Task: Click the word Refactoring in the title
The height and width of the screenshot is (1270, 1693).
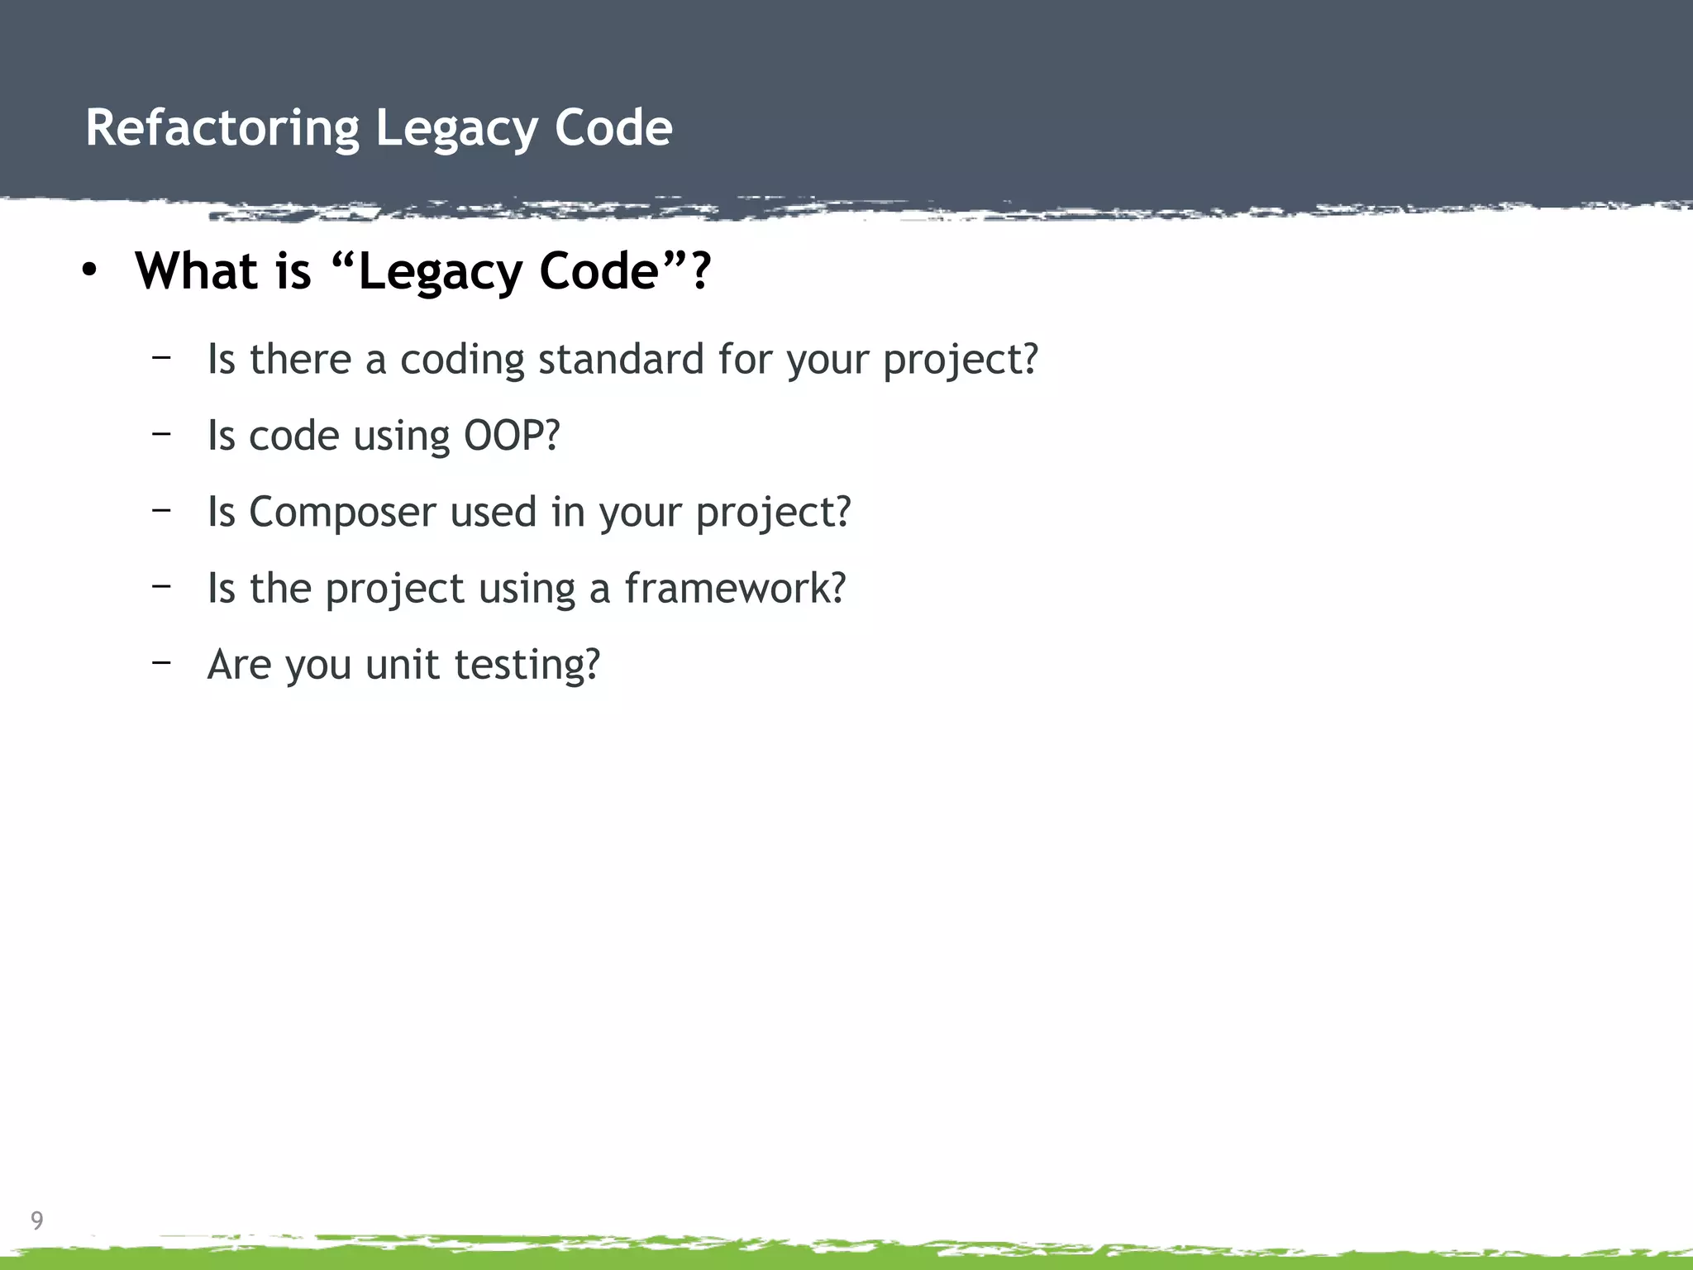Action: point(222,129)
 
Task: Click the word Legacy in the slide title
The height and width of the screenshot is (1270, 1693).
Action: point(456,129)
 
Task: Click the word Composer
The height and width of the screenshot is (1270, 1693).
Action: point(341,513)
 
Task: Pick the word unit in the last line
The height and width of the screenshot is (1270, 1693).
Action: point(402,664)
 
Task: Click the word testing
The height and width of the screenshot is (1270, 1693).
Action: point(521,666)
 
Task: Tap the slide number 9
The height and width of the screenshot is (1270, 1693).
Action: point(37,1220)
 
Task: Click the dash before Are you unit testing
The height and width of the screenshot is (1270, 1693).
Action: point(161,662)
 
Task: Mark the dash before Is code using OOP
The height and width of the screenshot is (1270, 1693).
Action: point(161,433)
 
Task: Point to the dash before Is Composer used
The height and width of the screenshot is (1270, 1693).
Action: point(161,509)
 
